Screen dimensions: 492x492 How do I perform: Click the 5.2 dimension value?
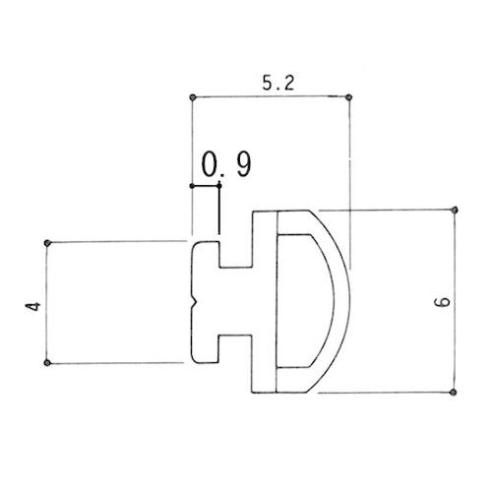tap(278, 84)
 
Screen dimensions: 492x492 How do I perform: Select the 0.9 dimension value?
tap(226, 164)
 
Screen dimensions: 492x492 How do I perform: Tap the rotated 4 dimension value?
tap(33, 306)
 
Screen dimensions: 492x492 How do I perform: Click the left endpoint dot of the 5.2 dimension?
tap(193, 97)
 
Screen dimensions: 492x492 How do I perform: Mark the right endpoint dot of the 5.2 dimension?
tap(349, 97)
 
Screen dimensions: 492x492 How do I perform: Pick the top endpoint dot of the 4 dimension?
tap(47, 243)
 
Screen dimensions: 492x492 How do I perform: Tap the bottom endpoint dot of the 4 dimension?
tap(47, 363)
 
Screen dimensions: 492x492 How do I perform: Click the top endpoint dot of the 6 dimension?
tap(455, 210)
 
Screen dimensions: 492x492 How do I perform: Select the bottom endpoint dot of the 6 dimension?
tap(454, 392)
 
